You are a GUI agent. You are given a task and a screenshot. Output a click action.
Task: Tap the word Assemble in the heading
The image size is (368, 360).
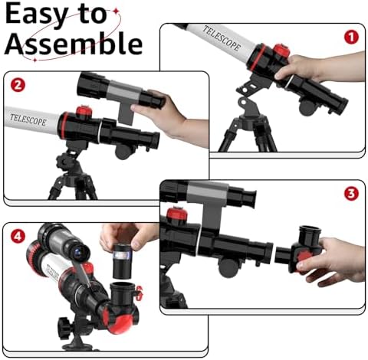point(74,44)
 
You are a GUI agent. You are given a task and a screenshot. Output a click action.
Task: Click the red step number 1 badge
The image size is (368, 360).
point(351,38)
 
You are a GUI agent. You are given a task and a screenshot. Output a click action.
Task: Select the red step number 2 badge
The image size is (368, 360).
point(18,85)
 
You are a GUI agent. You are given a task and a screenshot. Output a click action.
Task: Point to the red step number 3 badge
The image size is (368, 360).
point(351,194)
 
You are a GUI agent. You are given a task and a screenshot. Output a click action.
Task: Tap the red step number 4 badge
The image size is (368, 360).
point(18,236)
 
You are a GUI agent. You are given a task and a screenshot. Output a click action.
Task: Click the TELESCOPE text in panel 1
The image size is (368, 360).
point(222,38)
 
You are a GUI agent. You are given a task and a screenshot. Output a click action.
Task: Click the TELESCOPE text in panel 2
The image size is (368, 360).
point(28,119)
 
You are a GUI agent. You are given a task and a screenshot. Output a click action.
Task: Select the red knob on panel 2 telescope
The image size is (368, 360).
point(84,112)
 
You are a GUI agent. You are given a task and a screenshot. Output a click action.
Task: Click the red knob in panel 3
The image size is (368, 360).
point(177,215)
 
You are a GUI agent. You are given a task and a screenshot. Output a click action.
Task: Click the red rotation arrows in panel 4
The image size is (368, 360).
point(140,293)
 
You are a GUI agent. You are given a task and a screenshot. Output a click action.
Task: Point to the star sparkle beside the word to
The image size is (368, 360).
point(117,11)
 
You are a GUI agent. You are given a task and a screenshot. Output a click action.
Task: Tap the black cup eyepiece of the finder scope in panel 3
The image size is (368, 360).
point(245,197)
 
